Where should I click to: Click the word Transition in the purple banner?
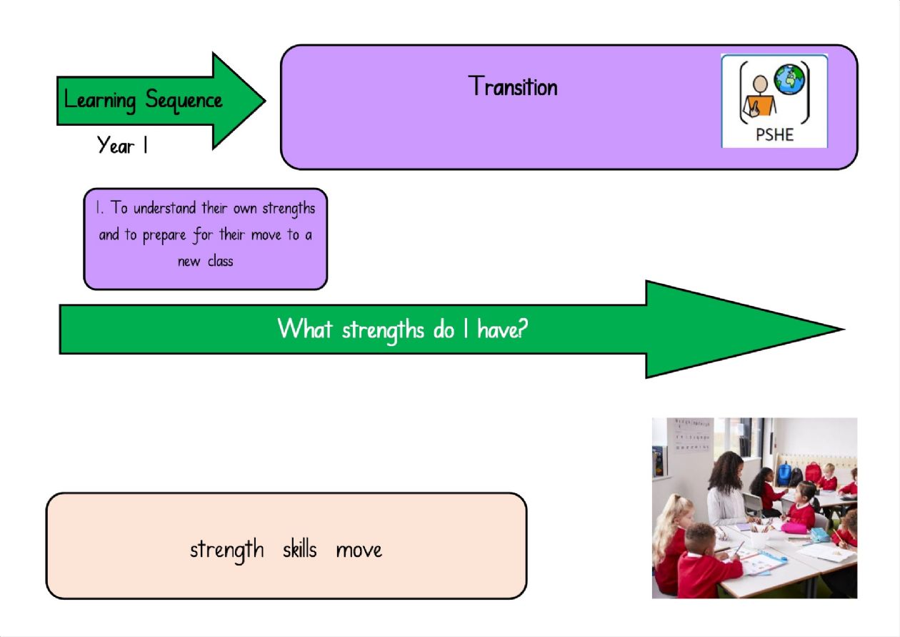(513, 86)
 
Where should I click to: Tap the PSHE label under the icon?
(774, 134)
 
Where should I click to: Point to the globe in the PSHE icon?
(790, 79)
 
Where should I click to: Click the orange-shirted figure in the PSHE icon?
(759, 97)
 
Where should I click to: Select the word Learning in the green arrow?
(100, 100)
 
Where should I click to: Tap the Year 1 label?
(122, 145)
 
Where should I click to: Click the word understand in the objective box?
(165, 208)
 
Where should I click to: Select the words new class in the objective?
(205, 262)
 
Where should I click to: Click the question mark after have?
(522, 329)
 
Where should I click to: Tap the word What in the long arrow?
(305, 329)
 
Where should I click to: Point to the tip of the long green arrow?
(844, 330)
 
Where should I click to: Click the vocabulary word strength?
(227, 550)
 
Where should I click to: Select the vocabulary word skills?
(300, 548)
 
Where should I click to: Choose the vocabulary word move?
(359, 550)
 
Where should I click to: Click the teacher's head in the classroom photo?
(726, 468)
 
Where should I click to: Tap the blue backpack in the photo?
(784, 474)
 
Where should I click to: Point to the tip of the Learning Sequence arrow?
(265, 101)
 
